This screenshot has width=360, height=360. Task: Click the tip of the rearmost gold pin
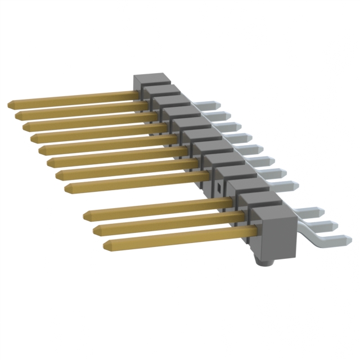11,105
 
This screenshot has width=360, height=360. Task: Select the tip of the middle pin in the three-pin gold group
97,229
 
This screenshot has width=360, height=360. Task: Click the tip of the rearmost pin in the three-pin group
88,215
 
